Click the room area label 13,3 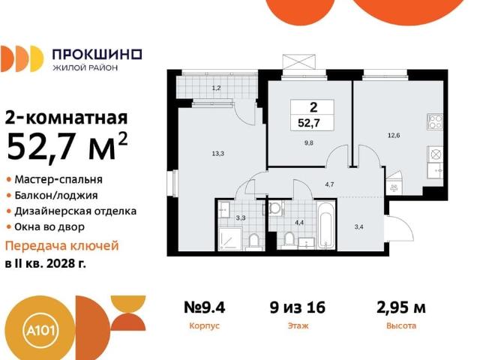coord(218,153)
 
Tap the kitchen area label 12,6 coord(393,135)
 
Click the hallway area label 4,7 coord(329,183)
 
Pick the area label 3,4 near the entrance coord(358,222)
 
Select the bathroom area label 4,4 coord(298,222)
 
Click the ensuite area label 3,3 coord(240,219)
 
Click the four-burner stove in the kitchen coord(436,121)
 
